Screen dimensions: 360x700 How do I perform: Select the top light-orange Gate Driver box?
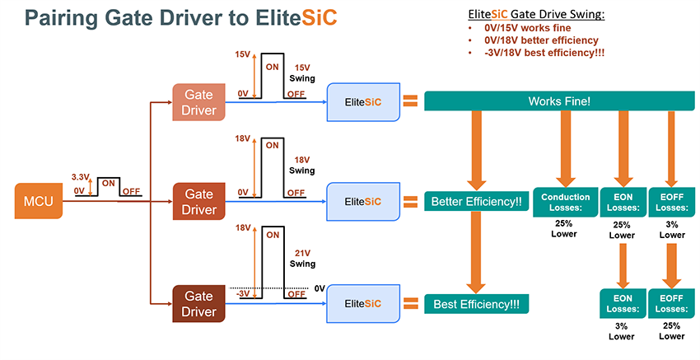[198, 102]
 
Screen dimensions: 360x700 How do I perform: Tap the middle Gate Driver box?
[198, 201]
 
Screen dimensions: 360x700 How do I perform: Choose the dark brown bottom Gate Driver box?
[198, 303]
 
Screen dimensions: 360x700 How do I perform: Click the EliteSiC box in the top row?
[362, 102]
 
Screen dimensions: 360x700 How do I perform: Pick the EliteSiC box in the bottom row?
[362, 304]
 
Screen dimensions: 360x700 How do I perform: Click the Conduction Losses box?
[565, 202]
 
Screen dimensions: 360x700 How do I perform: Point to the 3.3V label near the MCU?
[79, 177]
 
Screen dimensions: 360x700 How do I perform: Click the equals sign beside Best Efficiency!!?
[409, 304]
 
